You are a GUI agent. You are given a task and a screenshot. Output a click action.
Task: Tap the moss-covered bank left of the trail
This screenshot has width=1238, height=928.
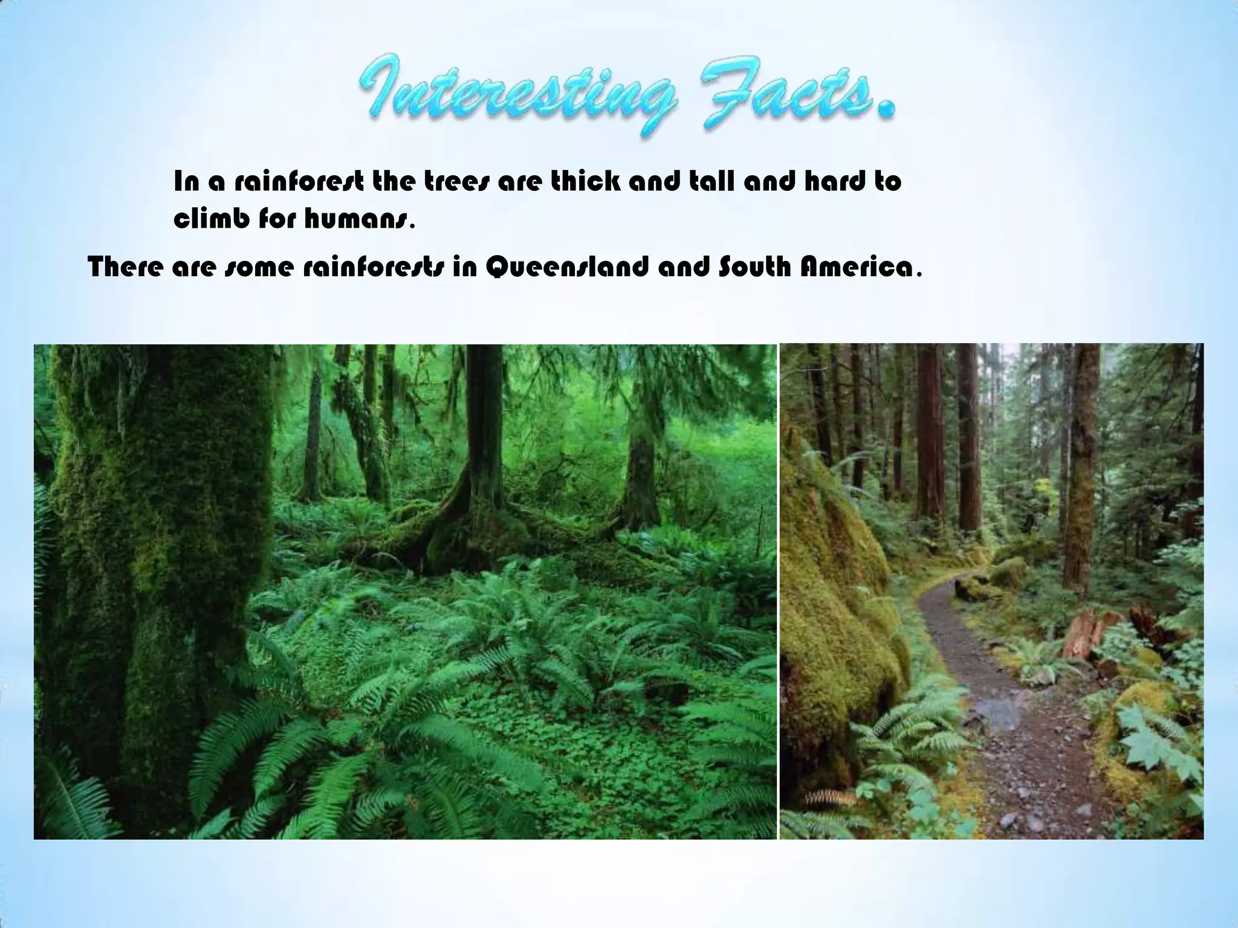[840, 604]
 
